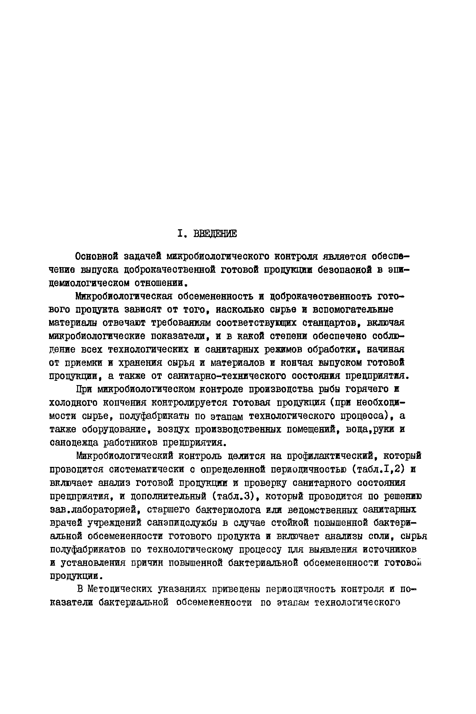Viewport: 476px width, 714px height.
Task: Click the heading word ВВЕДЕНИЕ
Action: (x=215, y=234)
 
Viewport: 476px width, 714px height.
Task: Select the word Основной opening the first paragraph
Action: (x=96, y=257)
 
